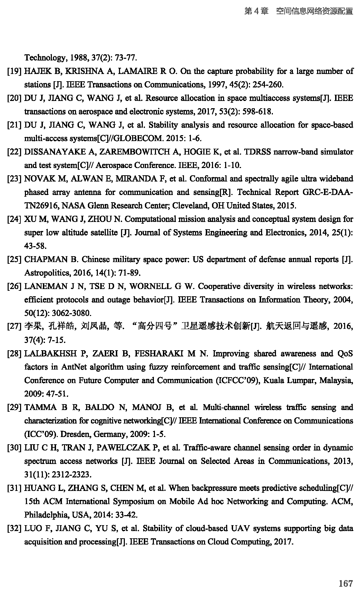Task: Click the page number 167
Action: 345,584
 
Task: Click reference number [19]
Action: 15,72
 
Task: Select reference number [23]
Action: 15,179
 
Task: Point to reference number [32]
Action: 15,529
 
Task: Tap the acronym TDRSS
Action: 258,152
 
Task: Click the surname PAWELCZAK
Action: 126,448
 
